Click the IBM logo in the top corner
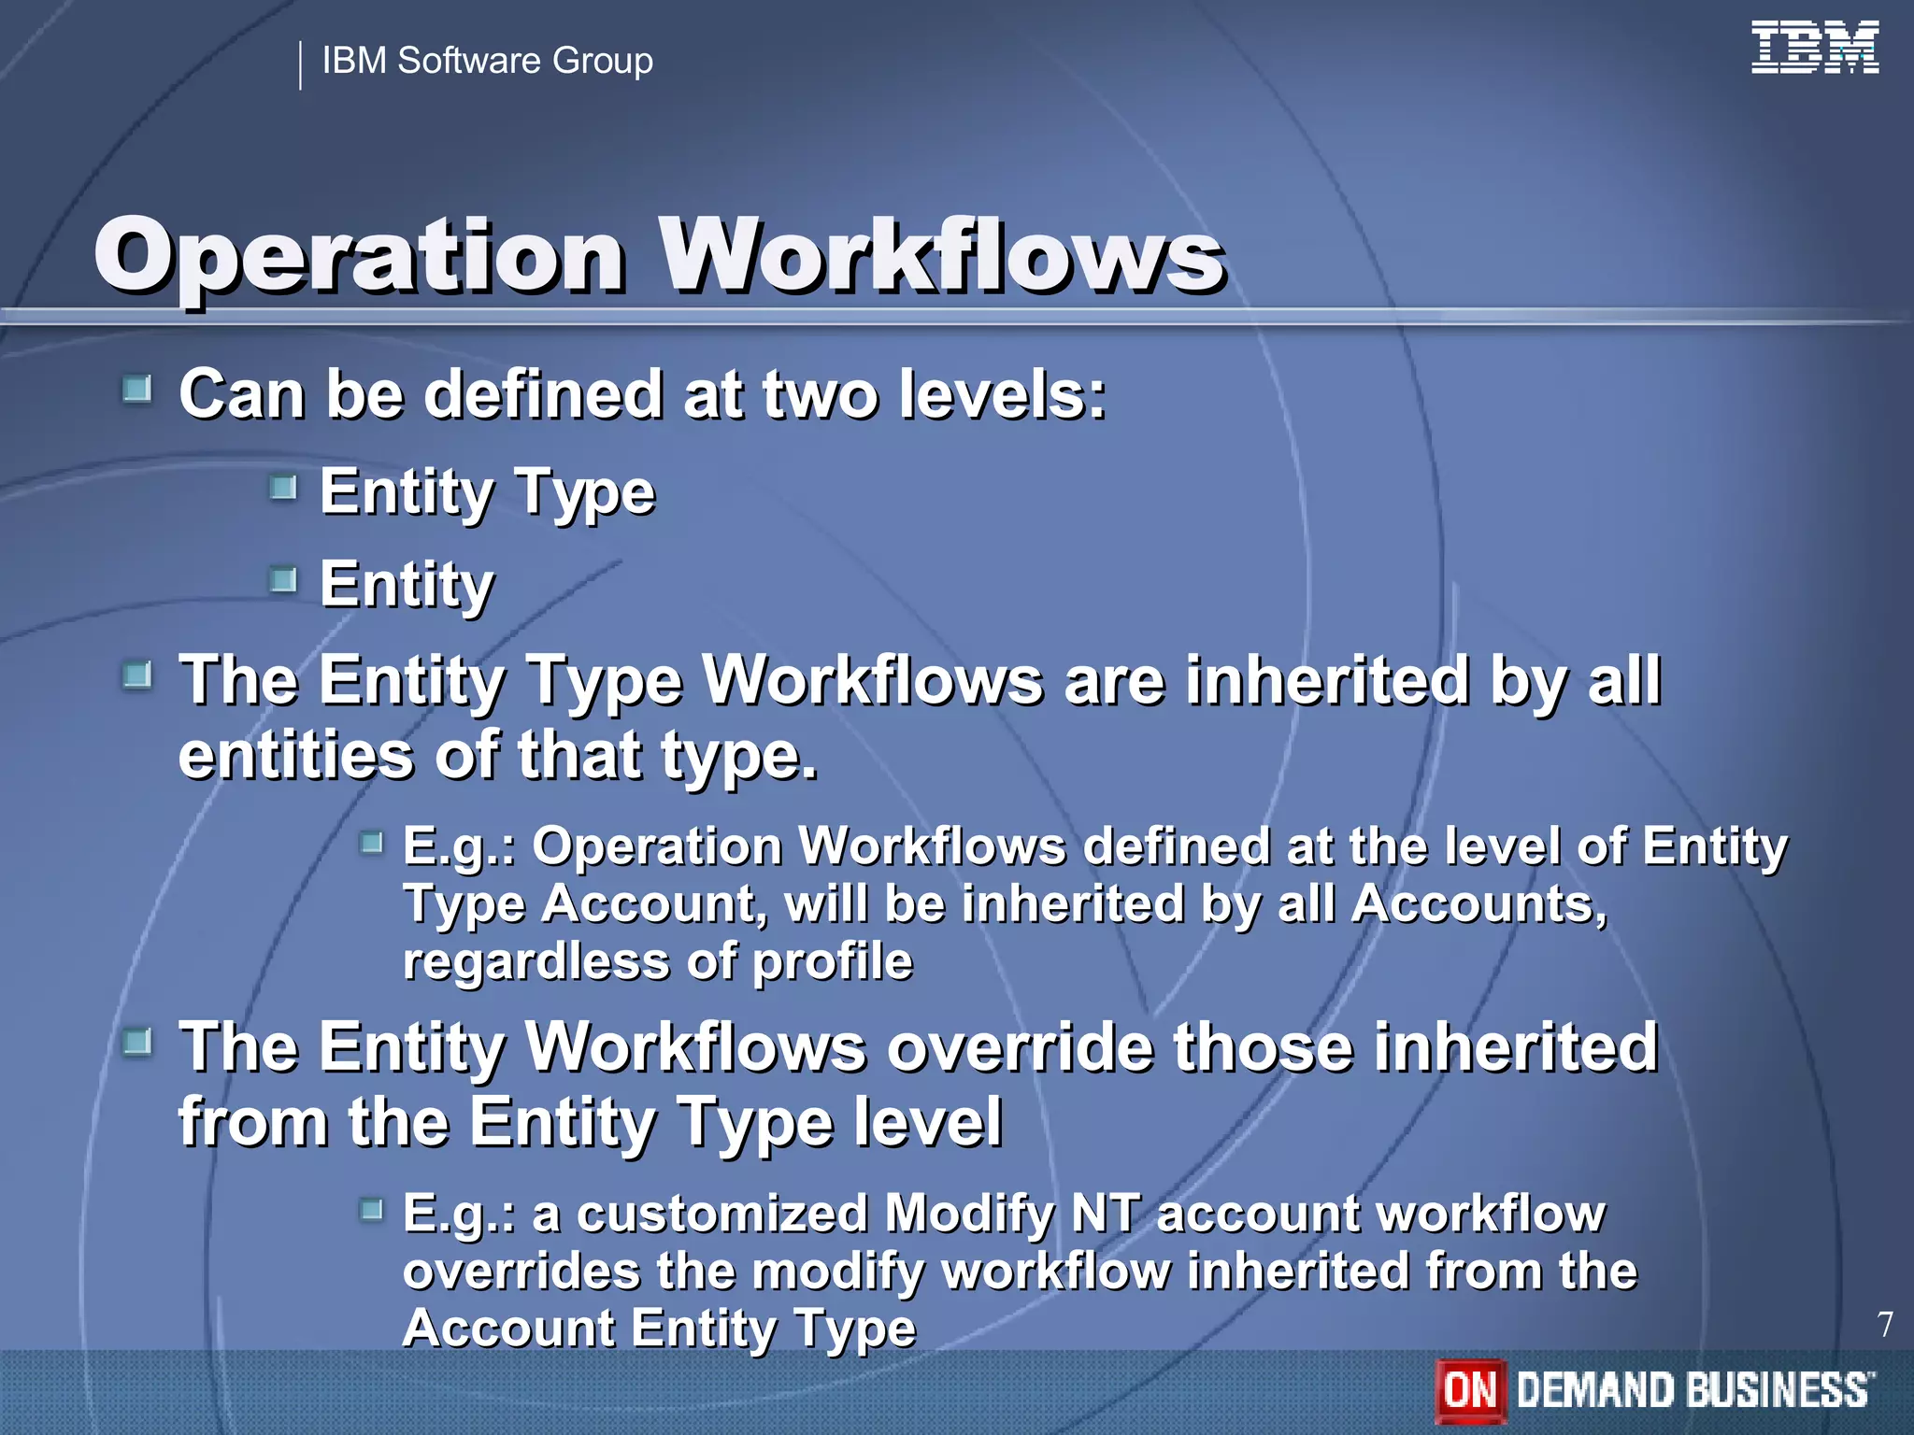tap(1814, 48)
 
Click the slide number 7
tap(1885, 1325)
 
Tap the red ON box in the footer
tap(1471, 1390)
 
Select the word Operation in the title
tap(360, 257)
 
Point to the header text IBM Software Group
tap(487, 61)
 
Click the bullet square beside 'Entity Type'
tap(283, 488)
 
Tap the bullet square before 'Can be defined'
tap(137, 389)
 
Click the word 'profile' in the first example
tap(832, 962)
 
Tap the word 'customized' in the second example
tap(722, 1214)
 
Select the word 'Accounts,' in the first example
tap(1478, 904)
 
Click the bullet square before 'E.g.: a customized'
tap(372, 1211)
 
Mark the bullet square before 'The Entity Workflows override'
tap(137, 1043)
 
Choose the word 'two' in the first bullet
tap(820, 394)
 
